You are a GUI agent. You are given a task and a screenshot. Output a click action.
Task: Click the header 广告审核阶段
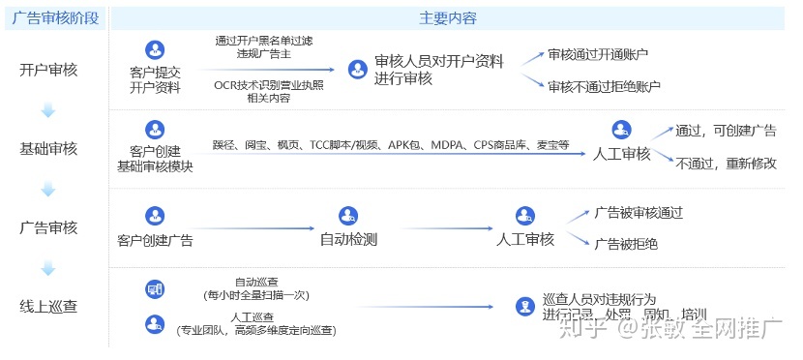tap(55, 18)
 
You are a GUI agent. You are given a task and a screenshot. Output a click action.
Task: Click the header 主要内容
tap(447, 18)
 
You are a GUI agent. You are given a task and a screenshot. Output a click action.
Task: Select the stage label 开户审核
tap(48, 70)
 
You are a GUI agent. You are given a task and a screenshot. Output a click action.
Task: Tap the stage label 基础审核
tap(48, 149)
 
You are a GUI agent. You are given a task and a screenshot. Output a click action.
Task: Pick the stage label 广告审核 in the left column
tap(48, 228)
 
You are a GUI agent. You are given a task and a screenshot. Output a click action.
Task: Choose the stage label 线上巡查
tap(48, 307)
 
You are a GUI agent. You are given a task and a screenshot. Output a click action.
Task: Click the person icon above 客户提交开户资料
tap(154, 49)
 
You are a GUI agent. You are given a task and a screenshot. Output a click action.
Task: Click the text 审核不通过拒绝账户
tap(604, 86)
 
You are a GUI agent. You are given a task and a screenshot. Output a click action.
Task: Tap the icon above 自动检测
tap(348, 216)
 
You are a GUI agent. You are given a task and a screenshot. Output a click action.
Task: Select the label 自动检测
tap(348, 239)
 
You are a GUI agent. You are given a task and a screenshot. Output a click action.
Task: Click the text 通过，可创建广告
tap(726, 131)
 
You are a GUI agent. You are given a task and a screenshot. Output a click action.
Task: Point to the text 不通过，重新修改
tap(726, 163)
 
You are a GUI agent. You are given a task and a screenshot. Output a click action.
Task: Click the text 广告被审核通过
tap(639, 212)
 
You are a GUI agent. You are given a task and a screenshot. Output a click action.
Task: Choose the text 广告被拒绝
tap(626, 244)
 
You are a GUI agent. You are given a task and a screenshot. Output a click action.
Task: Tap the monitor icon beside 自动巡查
tap(154, 288)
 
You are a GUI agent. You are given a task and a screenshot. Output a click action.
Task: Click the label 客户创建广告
tap(155, 240)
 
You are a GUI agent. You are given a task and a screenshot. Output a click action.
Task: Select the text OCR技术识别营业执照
tap(269, 85)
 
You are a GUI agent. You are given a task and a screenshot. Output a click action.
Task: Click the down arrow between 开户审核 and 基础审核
tap(48, 111)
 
